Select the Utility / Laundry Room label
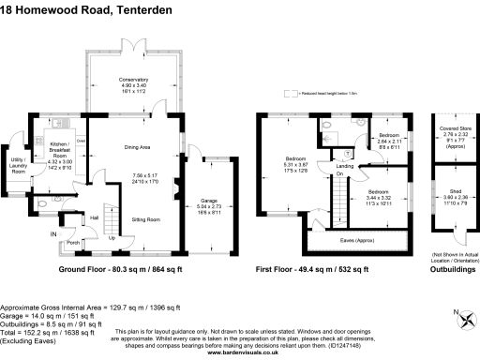pyautogui.click(x=18, y=165)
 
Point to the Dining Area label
pyautogui.click(x=138, y=147)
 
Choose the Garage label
pyautogui.click(x=207, y=201)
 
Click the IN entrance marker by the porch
pyautogui.click(x=53, y=234)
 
